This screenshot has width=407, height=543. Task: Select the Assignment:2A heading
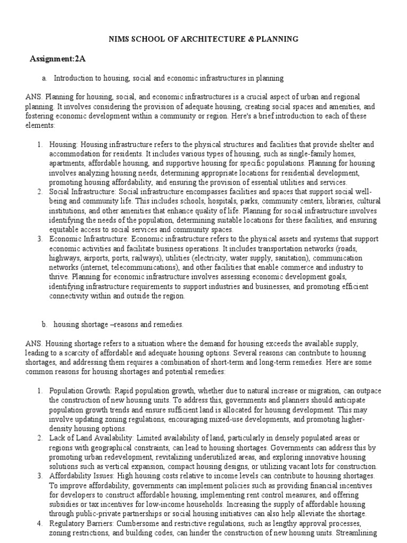[57, 59]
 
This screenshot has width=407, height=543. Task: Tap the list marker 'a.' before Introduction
[45, 78]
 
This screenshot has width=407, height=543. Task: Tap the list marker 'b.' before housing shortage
[45, 324]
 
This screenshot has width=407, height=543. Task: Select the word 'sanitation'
[289, 257]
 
